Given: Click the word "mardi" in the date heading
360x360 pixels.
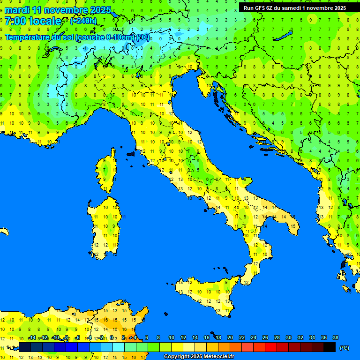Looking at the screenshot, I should pos(16,10).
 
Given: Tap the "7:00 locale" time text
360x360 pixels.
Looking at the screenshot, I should pos(33,21).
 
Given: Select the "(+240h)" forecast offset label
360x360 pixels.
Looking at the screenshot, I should pos(83,21).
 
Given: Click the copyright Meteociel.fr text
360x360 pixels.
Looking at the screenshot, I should pos(199,356).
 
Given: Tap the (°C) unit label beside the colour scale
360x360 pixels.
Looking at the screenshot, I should pos(344,347).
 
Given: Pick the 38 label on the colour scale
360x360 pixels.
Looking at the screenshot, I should pos(335,337).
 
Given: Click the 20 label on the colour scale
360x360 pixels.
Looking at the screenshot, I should pos(230,337).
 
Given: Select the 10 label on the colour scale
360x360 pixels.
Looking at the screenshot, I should pos(171,337).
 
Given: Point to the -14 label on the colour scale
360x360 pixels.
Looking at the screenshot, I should pos(32,337).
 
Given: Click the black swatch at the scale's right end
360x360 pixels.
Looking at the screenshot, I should pos(330,347).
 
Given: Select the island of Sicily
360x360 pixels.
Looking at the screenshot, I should pos(206,293).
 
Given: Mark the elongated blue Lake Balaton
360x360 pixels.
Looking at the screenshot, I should pos(284,36).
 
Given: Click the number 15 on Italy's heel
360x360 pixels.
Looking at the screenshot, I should pos(292,226).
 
